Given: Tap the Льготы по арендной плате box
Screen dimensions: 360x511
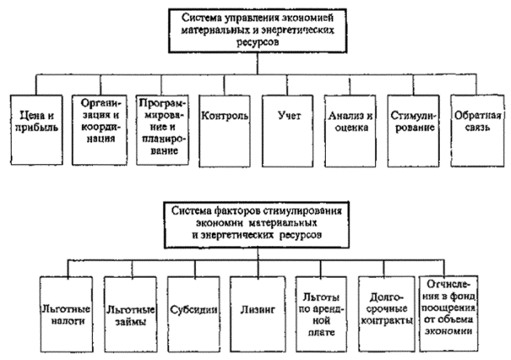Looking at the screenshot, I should point(323,308).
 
